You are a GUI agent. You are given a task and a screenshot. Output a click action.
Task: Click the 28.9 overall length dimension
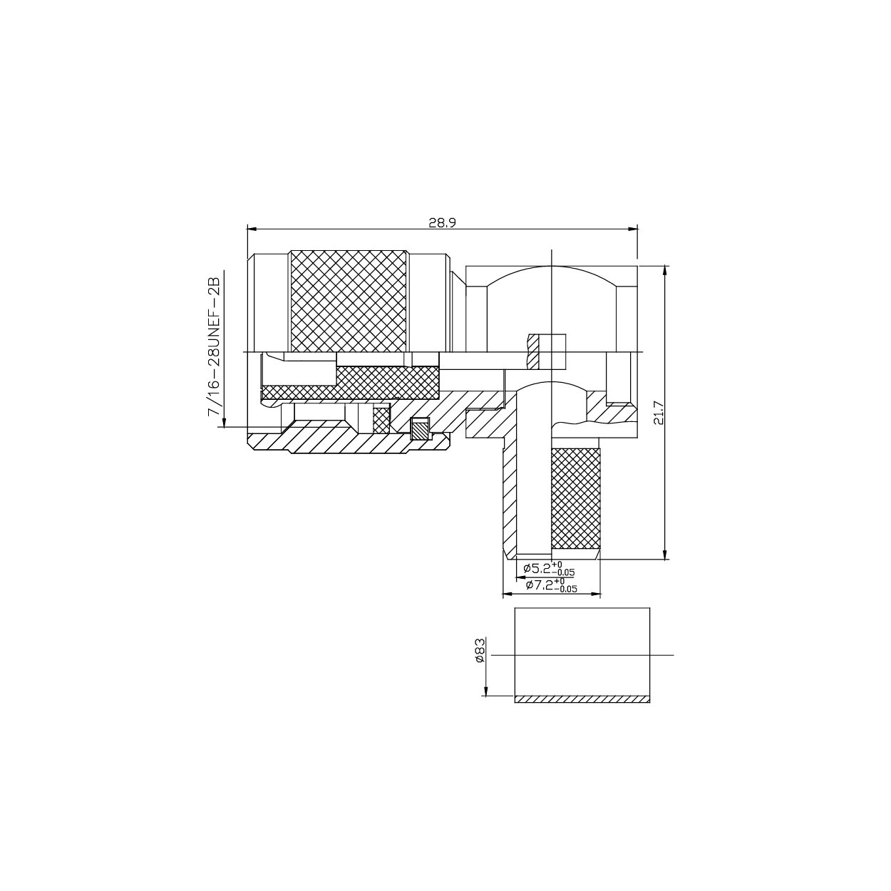(442, 222)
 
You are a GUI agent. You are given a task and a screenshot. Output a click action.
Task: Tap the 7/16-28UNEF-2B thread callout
(213, 349)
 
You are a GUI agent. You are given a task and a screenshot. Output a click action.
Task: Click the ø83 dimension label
(480, 650)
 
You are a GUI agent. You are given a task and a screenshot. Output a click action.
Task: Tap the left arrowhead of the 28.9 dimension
(250, 229)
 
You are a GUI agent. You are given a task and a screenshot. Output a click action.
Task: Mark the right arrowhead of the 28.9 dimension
(634, 229)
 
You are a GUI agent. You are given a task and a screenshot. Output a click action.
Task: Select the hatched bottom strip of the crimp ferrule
(582, 699)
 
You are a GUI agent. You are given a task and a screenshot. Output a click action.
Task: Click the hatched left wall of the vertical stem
(509, 499)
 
